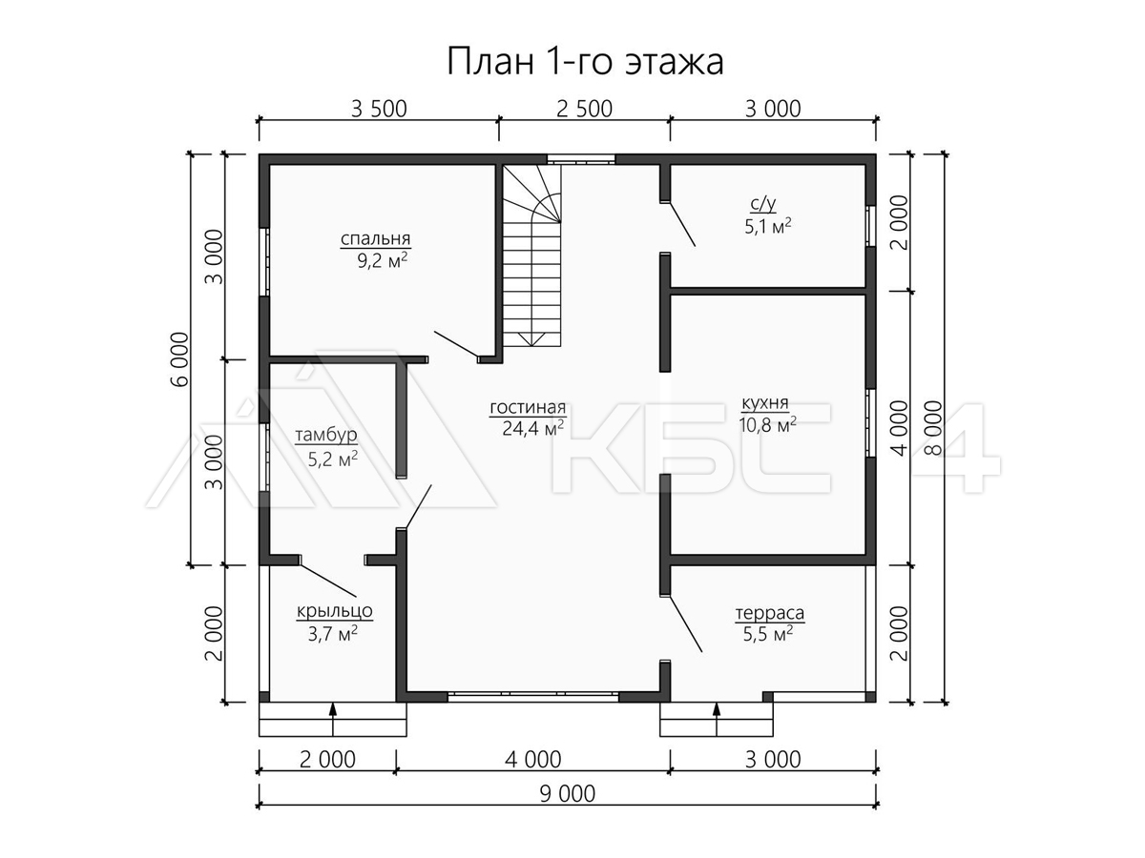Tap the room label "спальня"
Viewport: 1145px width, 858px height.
tap(376, 238)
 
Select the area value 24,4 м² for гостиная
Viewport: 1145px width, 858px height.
tap(533, 428)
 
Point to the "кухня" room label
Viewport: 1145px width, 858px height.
tap(764, 402)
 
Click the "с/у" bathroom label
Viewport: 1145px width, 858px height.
tap(763, 204)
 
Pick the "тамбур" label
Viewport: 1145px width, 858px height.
tap(326, 435)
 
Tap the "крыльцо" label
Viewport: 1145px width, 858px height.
tap(334, 610)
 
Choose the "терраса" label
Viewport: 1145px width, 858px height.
tap(770, 613)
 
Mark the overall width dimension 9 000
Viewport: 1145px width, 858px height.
tap(567, 794)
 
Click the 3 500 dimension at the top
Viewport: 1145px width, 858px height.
tap(379, 110)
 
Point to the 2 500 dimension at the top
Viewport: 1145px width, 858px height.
tap(584, 110)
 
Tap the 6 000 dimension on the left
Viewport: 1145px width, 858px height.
tap(179, 359)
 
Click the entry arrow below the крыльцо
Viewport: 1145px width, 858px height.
tap(333, 719)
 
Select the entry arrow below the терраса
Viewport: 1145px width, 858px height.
tap(717, 719)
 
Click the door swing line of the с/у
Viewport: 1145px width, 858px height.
tap(682, 224)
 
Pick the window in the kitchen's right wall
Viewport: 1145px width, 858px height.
tap(870, 423)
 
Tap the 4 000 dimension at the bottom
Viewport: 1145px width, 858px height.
tap(533, 760)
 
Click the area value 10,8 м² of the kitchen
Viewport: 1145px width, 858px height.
tap(767, 425)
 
